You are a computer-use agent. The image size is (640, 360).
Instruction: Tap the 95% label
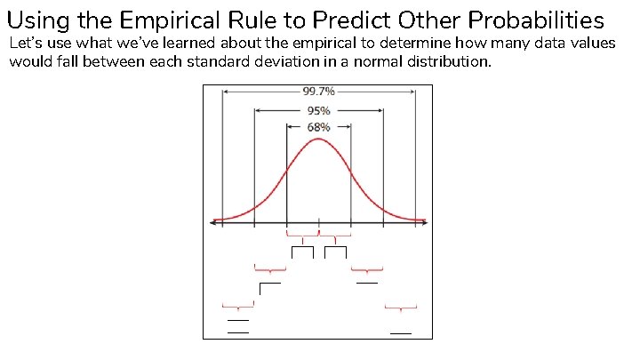pos(318,110)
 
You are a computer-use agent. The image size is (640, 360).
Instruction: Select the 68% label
pos(318,127)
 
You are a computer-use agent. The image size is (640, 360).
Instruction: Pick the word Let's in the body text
pos(25,44)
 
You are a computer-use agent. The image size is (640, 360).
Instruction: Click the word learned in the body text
pos(180,44)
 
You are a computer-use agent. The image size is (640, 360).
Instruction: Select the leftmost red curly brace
pos(238,307)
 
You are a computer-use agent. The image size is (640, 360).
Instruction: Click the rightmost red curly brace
pos(400,308)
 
